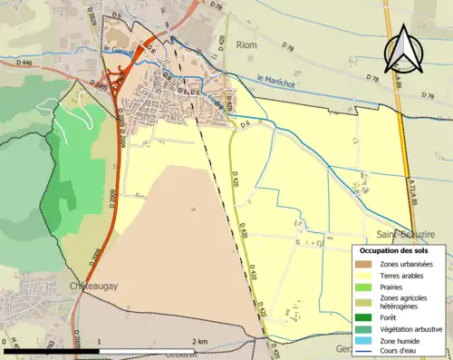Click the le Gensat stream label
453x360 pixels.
118,52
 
